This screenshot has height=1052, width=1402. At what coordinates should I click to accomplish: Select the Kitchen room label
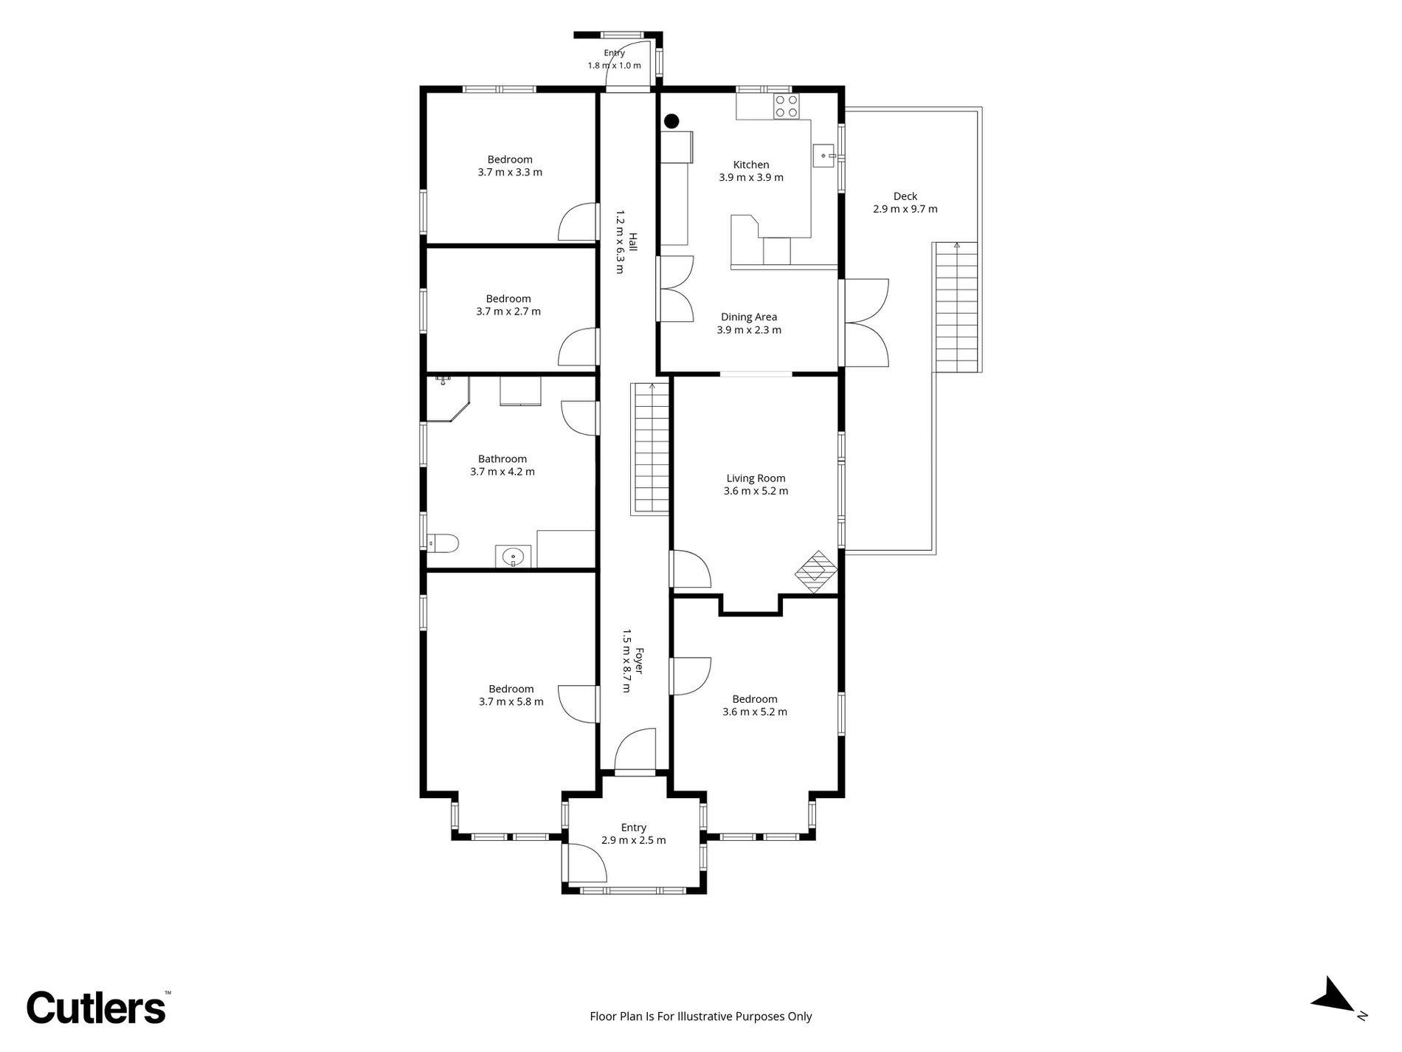click(751, 165)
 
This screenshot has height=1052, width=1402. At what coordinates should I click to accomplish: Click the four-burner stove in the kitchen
click(785, 106)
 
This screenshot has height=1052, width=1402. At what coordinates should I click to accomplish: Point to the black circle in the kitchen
click(671, 121)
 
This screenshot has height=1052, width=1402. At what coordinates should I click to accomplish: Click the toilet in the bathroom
click(443, 544)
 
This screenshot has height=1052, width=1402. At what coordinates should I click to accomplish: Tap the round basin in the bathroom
click(512, 556)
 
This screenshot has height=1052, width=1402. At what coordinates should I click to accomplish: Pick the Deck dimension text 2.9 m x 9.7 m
click(905, 209)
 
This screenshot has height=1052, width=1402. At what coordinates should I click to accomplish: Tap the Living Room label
click(756, 478)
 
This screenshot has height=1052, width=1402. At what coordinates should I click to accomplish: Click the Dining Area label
click(749, 317)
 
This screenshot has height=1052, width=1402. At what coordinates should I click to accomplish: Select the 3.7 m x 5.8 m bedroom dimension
click(511, 702)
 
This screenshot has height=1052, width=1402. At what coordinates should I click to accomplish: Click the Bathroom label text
click(503, 459)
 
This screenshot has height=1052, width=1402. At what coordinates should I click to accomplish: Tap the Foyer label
click(639, 661)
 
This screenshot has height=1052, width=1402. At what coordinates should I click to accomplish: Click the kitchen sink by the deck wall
click(824, 156)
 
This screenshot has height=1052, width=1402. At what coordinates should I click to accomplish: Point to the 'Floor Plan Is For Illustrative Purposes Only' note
click(701, 1017)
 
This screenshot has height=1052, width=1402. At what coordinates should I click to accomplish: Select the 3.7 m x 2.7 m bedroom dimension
click(508, 312)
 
